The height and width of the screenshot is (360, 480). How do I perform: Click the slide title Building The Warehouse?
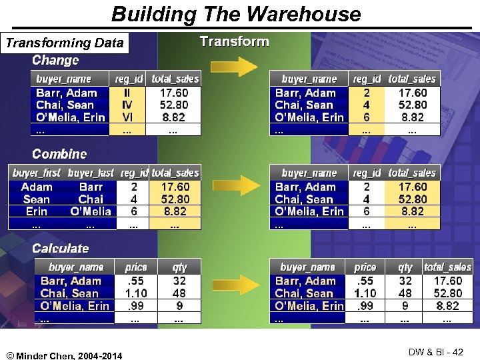point(236,14)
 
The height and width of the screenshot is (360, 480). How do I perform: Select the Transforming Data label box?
point(65,44)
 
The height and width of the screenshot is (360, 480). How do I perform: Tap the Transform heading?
point(235,41)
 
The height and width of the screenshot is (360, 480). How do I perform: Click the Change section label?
point(55,61)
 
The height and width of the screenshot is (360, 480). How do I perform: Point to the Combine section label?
point(59,154)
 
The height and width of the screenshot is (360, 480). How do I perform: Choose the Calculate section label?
point(60,249)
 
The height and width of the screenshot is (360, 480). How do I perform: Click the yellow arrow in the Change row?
point(233,67)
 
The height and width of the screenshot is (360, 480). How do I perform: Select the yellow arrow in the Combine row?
point(233,185)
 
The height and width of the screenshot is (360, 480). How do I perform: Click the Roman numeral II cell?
point(127,93)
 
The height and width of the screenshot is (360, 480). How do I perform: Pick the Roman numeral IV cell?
point(127,105)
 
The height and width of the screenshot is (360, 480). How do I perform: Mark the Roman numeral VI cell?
point(127,117)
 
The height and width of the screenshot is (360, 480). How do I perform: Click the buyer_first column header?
point(37,173)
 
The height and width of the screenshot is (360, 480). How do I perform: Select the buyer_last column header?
point(91,173)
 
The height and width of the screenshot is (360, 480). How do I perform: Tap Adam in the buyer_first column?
point(37,187)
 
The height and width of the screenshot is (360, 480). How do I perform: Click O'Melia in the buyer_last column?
point(91,211)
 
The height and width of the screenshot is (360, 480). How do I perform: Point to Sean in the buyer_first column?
point(37,199)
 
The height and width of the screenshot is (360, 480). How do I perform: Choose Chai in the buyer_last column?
point(91,199)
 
